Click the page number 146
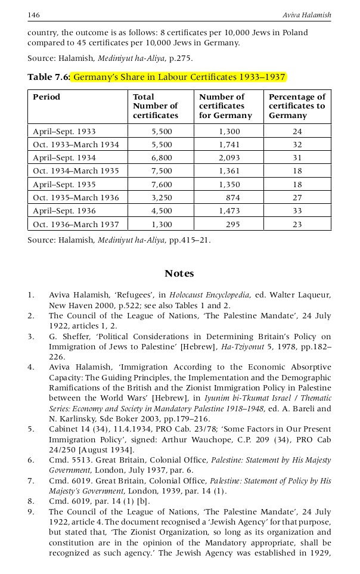point(33,14)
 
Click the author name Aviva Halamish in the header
point(306,14)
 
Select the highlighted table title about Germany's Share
point(179,77)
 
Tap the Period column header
point(46,97)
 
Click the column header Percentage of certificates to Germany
point(297,106)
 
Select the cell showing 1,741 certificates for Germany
point(229,145)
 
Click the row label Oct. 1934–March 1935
point(76,171)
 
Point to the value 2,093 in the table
point(229,158)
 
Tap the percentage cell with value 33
point(297,211)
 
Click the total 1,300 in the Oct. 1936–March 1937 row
point(162,224)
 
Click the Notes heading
point(179,274)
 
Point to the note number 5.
point(30,429)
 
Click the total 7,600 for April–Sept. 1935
point(162,184)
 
